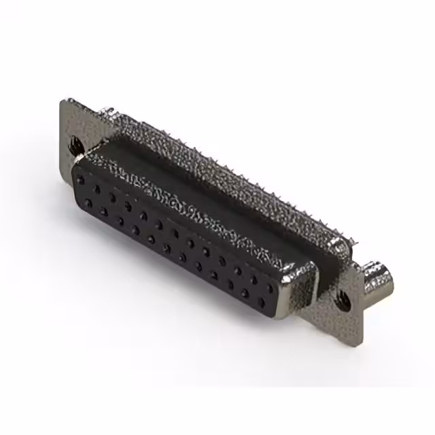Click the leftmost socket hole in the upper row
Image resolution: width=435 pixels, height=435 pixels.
click(x=82, y=180)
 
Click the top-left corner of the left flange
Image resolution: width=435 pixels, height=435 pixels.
click(x=63, y=101)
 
